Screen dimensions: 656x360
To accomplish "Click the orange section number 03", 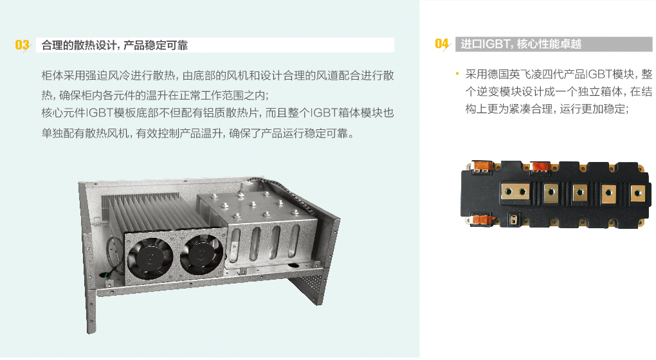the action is tap(22, 45).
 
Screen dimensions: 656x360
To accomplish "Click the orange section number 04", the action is tap(442, 44).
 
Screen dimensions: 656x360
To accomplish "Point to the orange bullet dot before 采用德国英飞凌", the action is tap(457, 75).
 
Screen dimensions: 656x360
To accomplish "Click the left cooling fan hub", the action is tap(150, 256).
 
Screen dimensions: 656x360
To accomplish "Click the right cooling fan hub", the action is tap(202, 253).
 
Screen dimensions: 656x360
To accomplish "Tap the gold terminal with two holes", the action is tap(515, 192).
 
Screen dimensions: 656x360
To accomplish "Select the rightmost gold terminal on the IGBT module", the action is tap(637, 194).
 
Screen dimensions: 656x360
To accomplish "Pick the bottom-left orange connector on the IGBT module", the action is tap(481, 219).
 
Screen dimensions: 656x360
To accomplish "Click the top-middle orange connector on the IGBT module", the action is tap(540, 166).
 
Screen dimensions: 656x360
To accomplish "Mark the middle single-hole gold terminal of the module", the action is tap(580, 193).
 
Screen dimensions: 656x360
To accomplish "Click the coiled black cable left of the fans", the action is tap(114, 256).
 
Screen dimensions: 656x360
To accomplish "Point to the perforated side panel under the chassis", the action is tap(307, 289).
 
